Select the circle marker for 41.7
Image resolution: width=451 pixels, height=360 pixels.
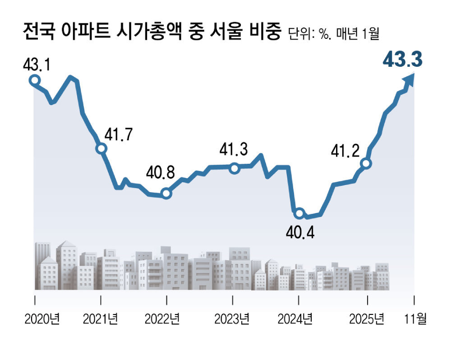[101, 148]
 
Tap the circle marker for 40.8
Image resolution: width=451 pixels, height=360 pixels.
[166, 194]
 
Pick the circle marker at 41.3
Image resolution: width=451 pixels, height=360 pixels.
[234, 169]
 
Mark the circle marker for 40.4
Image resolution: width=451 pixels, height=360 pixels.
[299, 213]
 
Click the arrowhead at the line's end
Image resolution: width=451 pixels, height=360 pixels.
[410, 79]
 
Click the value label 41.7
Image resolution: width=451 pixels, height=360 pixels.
[119, 135]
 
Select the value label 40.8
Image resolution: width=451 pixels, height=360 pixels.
[162, 173]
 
